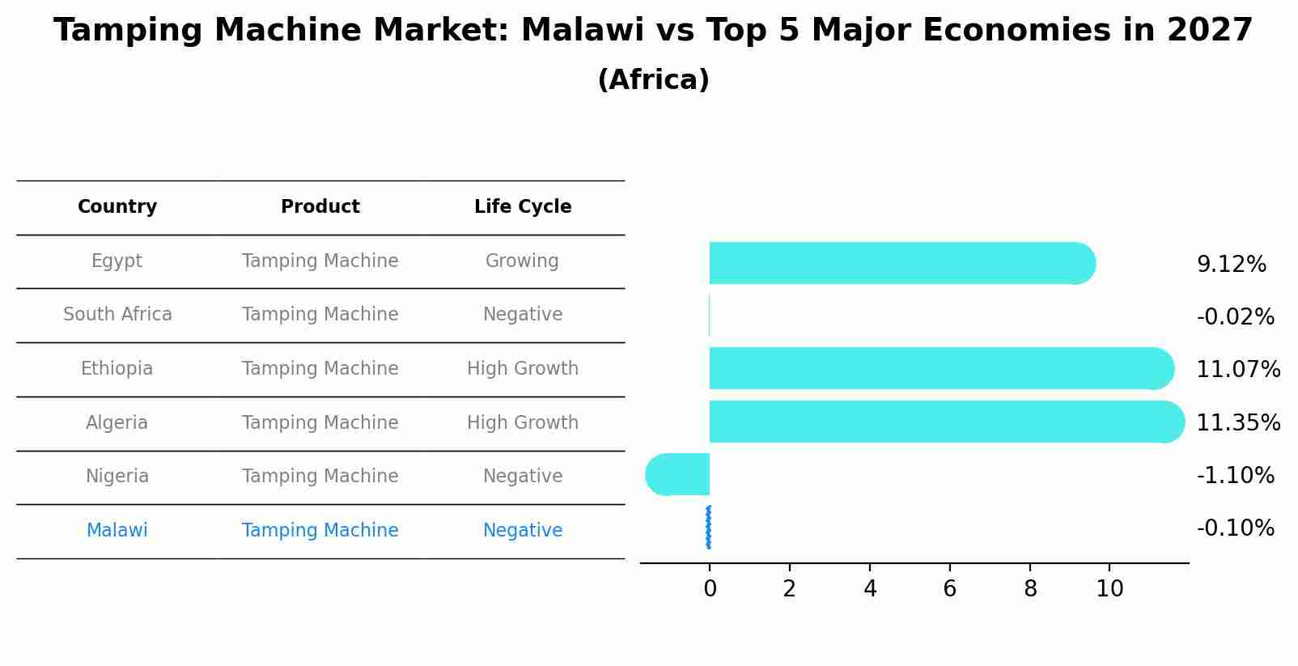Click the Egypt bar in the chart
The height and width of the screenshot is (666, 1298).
[x=898, y=263]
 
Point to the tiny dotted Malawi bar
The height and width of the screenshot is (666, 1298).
[x=709, y=528]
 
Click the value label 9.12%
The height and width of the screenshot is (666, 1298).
[x=1231, y=265]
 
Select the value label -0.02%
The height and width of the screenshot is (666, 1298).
[x=1235, y=317]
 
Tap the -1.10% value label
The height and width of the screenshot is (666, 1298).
[x=1235, y=475]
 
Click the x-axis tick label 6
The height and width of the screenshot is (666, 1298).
[x=950, y=589]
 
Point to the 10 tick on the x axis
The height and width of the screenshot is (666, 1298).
[x=1109, y=589]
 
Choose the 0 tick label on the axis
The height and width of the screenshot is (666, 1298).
[x=710, y=589]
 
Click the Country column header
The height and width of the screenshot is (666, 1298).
[x=117, y=207]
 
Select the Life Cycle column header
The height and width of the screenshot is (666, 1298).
[x=523, y=207]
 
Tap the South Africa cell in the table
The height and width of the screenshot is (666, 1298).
[x=117, y=315]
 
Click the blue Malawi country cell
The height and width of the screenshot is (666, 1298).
[x=117, y=531]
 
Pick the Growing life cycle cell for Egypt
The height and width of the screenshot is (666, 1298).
[x=522, y=261]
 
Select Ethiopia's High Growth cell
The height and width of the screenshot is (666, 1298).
[x=523, y=369]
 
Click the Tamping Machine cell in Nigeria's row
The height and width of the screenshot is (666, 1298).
[x=320, y=477]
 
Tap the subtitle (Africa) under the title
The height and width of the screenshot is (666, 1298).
[x=653, y=80]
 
